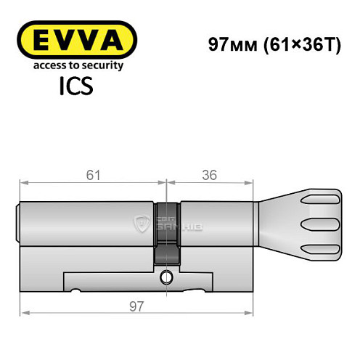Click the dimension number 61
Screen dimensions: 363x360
[91, 174]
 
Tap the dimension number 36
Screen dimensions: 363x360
[210, 174]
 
